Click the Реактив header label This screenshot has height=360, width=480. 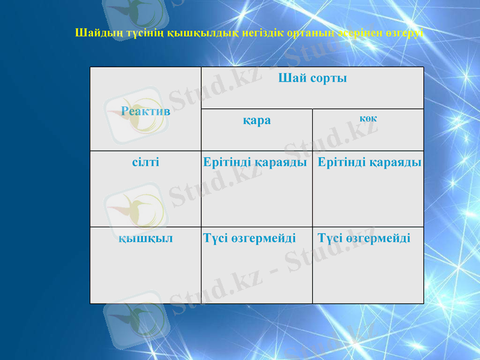coord(146,111)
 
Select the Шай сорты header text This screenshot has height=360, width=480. coord(312,78)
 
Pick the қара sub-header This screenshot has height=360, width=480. coord(256,120)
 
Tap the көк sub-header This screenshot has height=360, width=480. coord(368,118)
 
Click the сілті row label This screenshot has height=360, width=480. coord(145,162)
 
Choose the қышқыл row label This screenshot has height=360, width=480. coord(145,238)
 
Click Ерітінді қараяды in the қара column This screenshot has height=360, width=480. coord(256,162)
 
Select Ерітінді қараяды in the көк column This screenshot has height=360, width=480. coord(369,162)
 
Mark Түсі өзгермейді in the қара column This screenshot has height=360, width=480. coord(250,238)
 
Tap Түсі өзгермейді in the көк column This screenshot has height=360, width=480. coord(364,238)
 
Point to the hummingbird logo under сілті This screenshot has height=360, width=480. coord(133,207)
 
